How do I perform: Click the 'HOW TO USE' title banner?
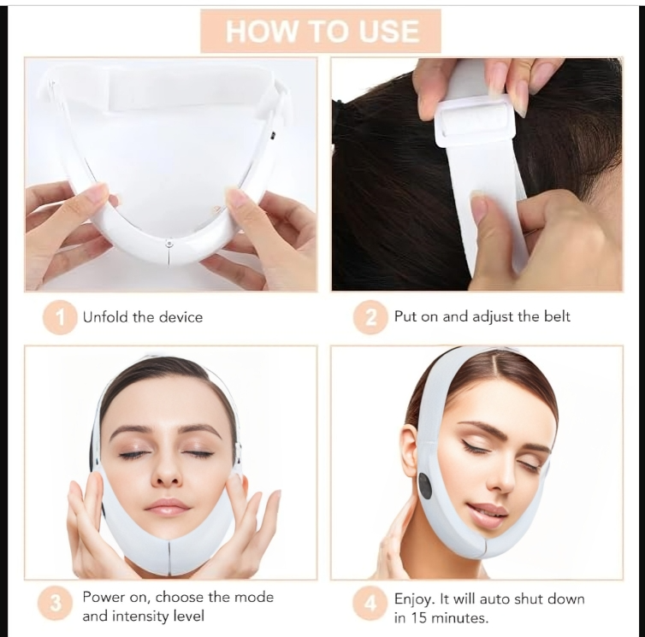pyautogui.click(x=321, y=32)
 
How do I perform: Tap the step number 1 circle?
pyautogui.click(x=60, y=317)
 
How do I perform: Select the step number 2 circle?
pyautogui.click(x=370, y=317)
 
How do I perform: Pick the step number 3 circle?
pyautogui.click(x=55, y=604)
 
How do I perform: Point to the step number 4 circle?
pyautogui.click(x=370, y=604)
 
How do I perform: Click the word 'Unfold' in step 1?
pyautogui.click(x=105, y=317)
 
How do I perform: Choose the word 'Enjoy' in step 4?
pyautogui.click(x=413, y=599)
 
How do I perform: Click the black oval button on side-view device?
pyautogui.click(x=424, y=486)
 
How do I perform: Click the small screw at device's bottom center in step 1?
pyautogui.click(x=169, y=245)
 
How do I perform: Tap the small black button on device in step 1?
pyautogui.click(x=273, y=133)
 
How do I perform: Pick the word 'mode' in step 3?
pyautogui.click(x=254, y=597)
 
